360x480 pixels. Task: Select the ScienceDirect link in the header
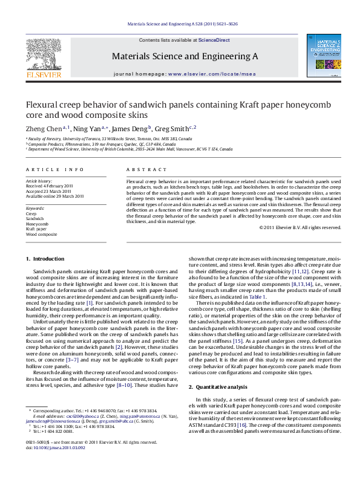click(214, 40)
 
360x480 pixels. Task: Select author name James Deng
click(133, 129)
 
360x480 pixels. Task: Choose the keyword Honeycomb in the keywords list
click(36, 224)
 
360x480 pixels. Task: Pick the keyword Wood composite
click(41, 234)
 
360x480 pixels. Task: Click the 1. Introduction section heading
click(45, 259)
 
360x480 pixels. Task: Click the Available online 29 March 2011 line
click(54, 196)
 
